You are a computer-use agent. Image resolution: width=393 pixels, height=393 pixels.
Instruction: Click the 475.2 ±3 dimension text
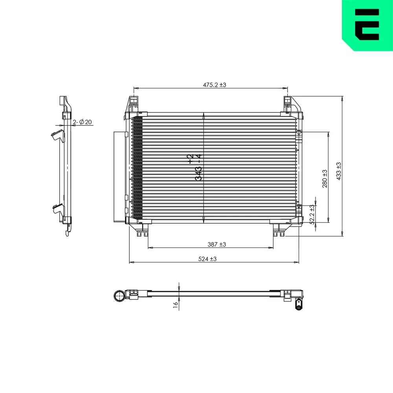point(214,84)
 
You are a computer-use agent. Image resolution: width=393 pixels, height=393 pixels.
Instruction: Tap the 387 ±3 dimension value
point(217,244)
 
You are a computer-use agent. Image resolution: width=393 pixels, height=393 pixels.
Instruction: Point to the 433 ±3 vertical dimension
point(339,171)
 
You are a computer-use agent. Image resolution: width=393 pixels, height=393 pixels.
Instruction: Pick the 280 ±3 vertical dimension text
point(325,178)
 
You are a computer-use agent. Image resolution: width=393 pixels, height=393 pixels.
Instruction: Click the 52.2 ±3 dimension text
point(312,214)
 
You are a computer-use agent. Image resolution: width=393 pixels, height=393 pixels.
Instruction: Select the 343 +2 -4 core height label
point(195,167)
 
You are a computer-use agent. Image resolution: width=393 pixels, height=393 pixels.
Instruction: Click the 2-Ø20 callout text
point(83,122)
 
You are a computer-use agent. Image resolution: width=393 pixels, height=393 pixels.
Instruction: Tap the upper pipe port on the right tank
point(298,132)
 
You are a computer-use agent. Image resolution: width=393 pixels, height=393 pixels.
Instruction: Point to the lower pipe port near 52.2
point(298,206)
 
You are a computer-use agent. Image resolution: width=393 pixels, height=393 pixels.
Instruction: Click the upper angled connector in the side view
point(57,136)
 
